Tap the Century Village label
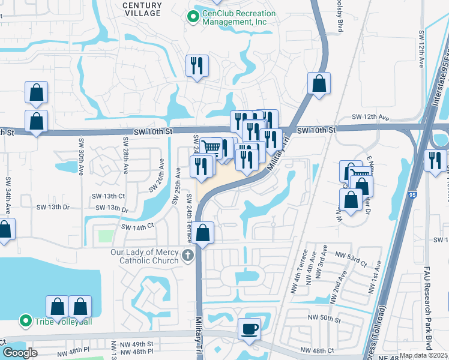point(142,8)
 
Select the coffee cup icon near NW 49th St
point(250,328)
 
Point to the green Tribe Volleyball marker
point(25,321)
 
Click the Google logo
point(20,353)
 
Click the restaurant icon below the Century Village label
point(197,65)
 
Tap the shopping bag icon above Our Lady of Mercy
point(203,233)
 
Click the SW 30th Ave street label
point(80,155)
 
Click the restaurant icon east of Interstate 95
point(435,160)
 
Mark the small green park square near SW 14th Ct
point(105,236)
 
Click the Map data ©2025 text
point(423,355)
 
